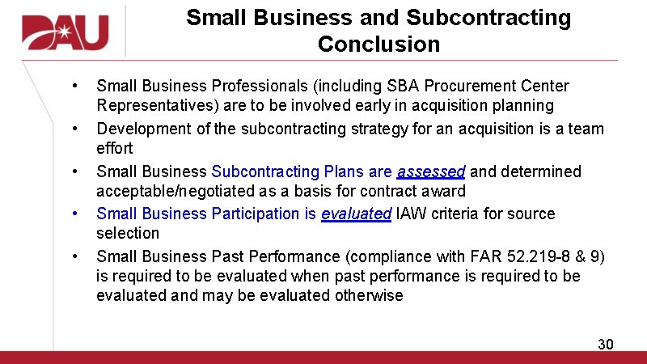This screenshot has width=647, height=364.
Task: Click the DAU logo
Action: (x=65, y=32)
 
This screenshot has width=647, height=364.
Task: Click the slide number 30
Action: (x=605, y=345)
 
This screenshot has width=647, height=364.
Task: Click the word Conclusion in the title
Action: (x=378, y=44)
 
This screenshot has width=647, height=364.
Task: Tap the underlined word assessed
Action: (x=430, y=171)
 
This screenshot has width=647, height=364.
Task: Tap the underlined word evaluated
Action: (x=356, y=214)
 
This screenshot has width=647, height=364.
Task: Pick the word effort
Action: (x=115, y=149)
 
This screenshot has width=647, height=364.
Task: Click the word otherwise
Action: (x=366, y=295)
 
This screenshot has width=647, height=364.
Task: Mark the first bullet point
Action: (x=74, y=87)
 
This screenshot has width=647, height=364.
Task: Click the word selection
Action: (x=128, y=233)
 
